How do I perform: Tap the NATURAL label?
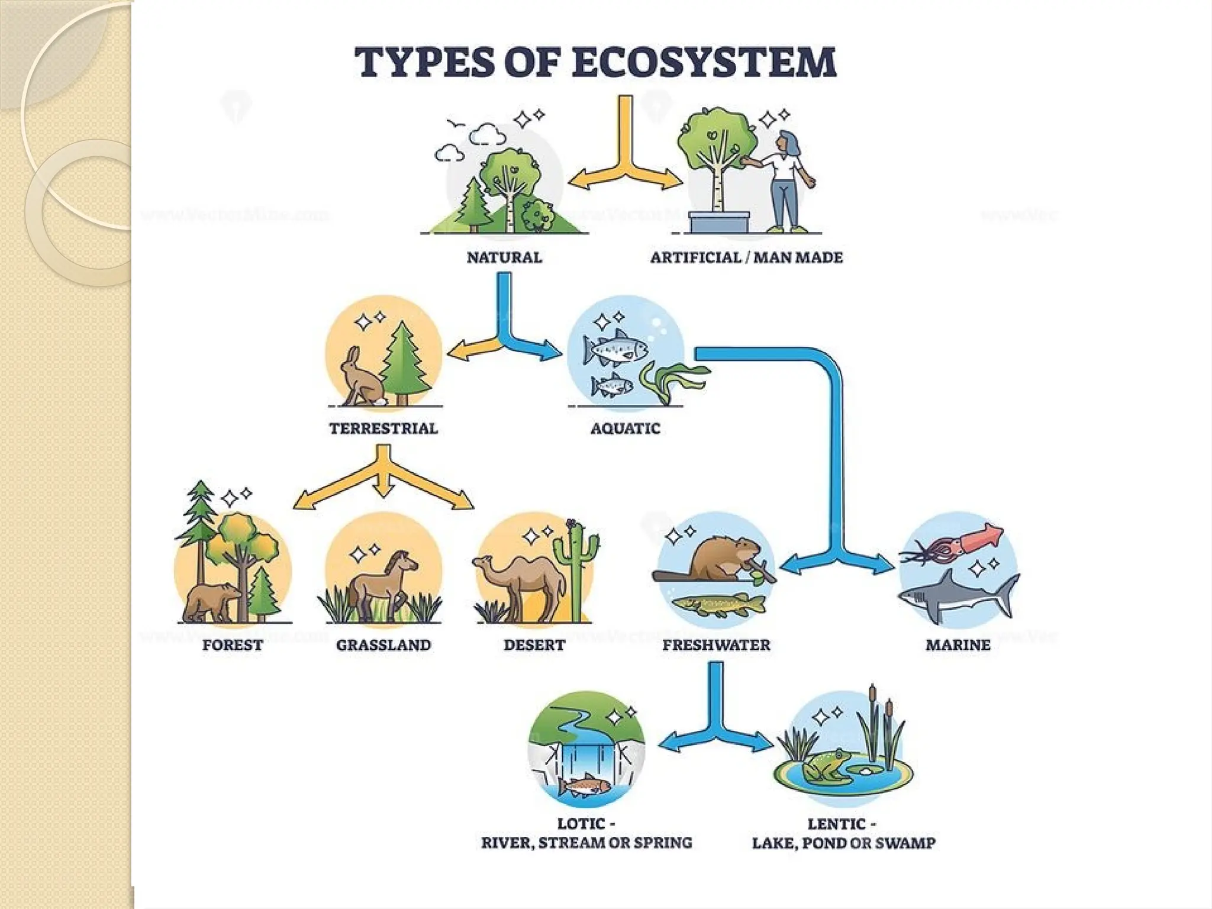pos(504,257)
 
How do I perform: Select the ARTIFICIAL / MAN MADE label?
pos(746,257)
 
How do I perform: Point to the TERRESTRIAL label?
pos(383,428)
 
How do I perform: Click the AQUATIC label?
pos(625,428)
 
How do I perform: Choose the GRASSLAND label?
pos(383,645)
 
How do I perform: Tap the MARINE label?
pos(958,645)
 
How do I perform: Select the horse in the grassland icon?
pos(382,583)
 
